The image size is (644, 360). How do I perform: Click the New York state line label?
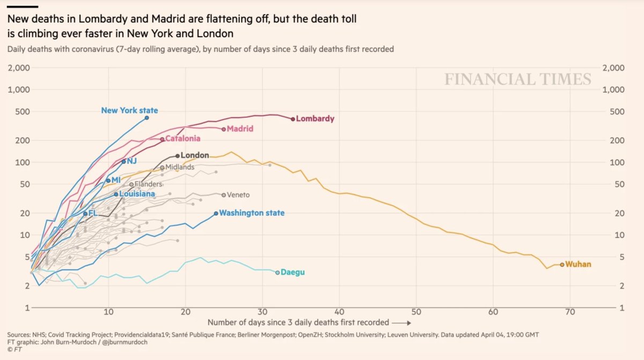point(129,111)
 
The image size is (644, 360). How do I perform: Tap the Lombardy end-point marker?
point(293,119)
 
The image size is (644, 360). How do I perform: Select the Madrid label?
point(240,129)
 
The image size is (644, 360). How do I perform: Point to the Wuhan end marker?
point(562,265)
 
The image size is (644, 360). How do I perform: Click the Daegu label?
point(292,273)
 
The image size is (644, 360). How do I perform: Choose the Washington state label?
point(252,213)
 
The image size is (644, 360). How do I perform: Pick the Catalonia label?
point(182,139)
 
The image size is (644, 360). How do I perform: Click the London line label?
point(194,156)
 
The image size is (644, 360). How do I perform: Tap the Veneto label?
point(238,195)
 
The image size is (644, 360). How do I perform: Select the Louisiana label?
point(137,194)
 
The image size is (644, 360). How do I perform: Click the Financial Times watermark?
point(517,80)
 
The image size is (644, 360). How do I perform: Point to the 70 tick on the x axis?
point(570,312)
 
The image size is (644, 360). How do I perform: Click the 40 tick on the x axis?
point(339,312)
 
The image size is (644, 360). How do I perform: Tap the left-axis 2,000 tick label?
point(19,68)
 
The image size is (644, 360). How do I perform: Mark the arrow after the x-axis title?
point(402,323)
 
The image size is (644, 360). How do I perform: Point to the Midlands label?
point(180,167)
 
